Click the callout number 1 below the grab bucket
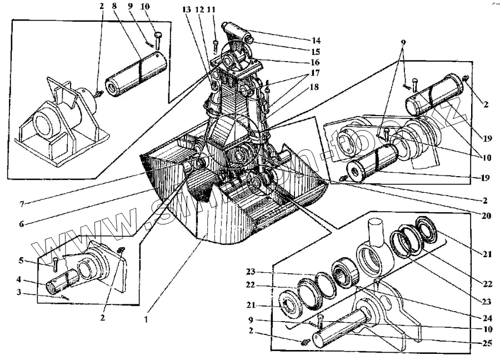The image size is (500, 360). [x=146, y=320]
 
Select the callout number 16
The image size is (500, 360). [x=316, y=62]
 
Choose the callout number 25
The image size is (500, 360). [x=487, y=342]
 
